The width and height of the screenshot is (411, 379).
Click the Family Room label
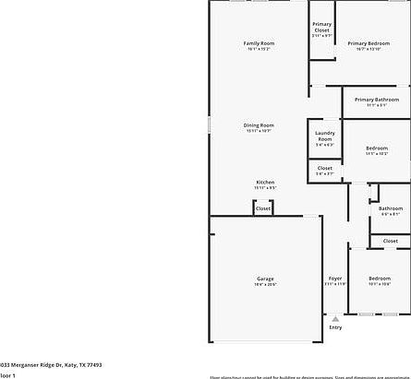click(259, 43)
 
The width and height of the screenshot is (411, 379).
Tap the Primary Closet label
click(321, 28)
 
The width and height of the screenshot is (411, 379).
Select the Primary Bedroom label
click(369, 43)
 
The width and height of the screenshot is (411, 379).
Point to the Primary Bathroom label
click(377, 100)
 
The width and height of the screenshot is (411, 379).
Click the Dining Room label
click(259, 125)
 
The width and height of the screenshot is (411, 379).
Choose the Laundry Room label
click(324, 136)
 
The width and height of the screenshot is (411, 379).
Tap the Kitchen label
click(265, 183)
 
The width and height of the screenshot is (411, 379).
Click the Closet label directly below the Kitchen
click(263, 208)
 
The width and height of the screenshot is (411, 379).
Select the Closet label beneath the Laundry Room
click(324, 168)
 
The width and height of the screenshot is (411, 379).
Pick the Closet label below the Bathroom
click(390, 241)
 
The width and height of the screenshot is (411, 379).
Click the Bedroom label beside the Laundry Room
click(376, 148)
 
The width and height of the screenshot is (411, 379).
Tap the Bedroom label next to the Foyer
click(380, 278)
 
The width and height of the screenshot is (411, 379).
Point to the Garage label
click(265, 278)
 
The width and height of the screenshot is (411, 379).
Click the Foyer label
click(334, 278)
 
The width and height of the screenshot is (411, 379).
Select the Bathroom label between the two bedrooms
click(390, 208)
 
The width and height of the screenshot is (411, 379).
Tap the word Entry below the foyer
click(335, 327)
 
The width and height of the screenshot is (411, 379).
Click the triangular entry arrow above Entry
click(335, 318)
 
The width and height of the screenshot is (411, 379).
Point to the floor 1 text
click(7, 375)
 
